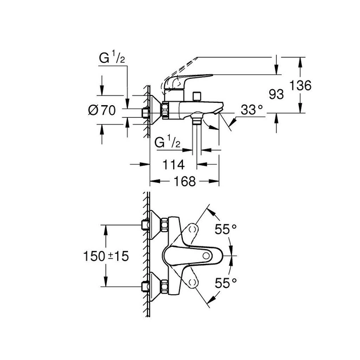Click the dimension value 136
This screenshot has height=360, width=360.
pyautogui.click(x=301, y=86)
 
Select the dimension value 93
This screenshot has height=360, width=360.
pyautogui.click(x=276, y=94)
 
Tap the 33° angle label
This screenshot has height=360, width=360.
pyautogui.click(x=251, y=109)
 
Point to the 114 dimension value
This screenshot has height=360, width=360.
pyautogui.click(x=173, y=165)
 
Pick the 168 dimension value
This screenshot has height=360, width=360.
pyautogui.click(x=184, y=182)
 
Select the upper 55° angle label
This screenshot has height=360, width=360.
pyautogui.click(x=225, y=229)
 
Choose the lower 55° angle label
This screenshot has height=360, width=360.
pyautogui.click(x=225, y=282)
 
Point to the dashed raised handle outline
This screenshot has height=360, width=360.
pyautogui.click(x=229, y=60)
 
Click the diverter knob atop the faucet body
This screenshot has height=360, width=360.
pyautogui.click(x=195, y=95)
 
